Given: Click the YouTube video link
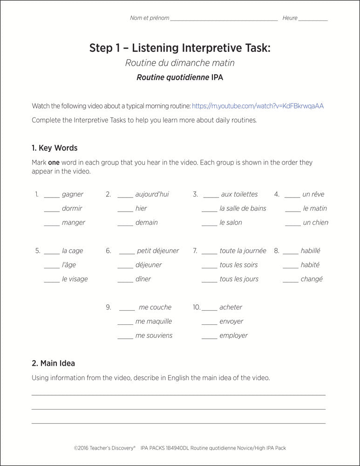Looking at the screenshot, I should coord(258,106).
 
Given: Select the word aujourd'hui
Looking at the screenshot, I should coord(152,194).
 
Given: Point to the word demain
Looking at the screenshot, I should coord(146,223).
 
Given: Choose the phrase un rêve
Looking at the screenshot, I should coord(313,194).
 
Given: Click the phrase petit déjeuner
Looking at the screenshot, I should coord(158,251).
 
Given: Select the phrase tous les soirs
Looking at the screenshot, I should coord(238,265).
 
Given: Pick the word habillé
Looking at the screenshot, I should coord(310,251).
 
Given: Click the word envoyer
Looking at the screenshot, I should coord(231,322).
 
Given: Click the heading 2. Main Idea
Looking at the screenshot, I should coord(53,363).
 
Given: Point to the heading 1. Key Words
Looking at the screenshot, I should coord(54,148).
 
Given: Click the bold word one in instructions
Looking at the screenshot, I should coord(54,163).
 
